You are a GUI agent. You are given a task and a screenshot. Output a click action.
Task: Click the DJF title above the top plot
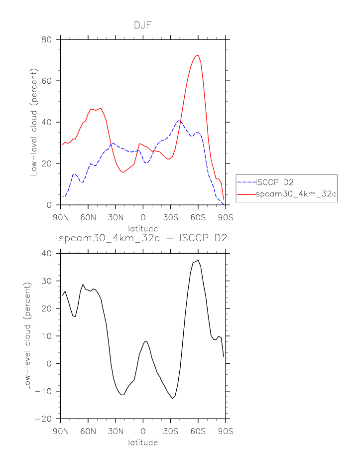(x=143, y=25)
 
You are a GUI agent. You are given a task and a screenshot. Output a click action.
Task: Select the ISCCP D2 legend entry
(x=276, y=181)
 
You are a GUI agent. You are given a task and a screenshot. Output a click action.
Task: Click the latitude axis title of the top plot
(x=143, y=228)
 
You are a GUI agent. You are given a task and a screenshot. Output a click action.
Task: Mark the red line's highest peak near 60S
(x=198, y=55)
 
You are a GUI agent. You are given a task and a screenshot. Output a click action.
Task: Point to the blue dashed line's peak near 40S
(x=179, y=121)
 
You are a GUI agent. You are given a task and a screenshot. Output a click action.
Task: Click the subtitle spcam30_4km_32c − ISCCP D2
(x=143, y=238)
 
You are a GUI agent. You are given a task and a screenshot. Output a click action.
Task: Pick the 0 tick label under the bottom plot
(x=143, y=431)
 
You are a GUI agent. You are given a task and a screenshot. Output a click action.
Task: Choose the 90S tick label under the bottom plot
(x=226, y=431)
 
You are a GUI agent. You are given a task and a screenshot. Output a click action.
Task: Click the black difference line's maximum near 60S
(x=198, y=260)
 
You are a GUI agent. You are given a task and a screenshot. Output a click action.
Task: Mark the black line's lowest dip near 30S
(x=173, y=399)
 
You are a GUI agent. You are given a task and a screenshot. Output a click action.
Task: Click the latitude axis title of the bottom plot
(x=143, y=443)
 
